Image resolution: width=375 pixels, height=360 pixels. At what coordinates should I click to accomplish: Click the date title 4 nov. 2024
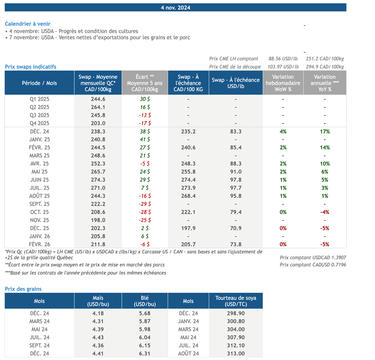(x=175, y=7)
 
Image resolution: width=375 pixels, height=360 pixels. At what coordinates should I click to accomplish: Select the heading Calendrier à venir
(x=27, y=24)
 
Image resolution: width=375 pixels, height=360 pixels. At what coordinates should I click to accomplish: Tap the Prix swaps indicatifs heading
(x=30, y=67)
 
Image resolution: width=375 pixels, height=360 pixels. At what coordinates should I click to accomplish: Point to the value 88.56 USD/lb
(x=283, y=59)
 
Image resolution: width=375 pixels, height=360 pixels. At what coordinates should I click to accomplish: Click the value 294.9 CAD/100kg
(x=325, y=67)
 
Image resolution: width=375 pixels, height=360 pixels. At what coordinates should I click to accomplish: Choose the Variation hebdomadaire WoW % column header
(x=283, y=83)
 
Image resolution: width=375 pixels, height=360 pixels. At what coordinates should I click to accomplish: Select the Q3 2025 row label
(x=39, y=115)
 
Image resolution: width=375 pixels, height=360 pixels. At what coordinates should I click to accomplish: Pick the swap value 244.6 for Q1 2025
(x=98, y=99)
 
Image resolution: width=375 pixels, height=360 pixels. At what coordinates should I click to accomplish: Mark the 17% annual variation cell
(x=324, y=131)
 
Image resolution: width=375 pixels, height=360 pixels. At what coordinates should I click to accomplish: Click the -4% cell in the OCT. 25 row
(x=324, y=212)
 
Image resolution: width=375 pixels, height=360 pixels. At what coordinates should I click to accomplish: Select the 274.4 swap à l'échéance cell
(x=188, y=180)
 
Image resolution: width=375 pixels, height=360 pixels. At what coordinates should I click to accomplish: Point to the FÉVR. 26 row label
(x=39, y=244)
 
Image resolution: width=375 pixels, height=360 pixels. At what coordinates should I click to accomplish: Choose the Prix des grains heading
(x=23, y=289)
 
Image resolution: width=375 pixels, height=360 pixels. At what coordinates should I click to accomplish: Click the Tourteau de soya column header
(x=235, y=301)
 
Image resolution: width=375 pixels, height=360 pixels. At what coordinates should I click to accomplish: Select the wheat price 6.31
(x=144, y=353)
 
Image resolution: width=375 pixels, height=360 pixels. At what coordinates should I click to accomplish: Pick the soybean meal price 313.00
(x=235, y=353)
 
